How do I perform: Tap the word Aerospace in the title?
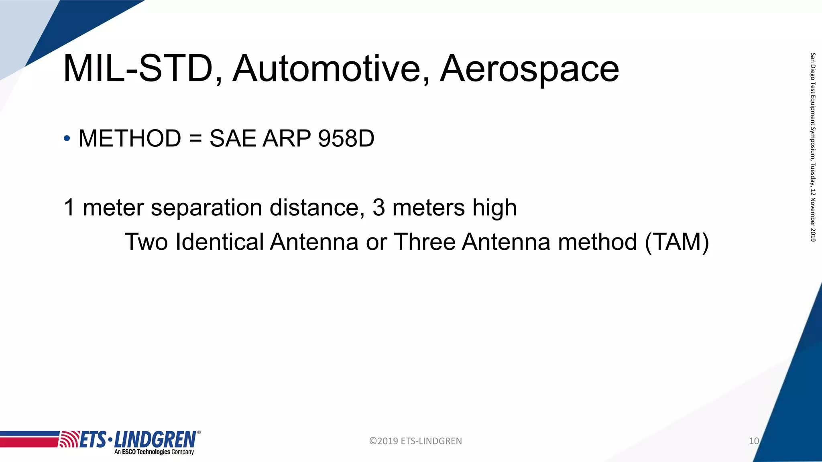point(529,69)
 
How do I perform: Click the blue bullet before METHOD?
point(67,139)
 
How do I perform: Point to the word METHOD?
point(130,139)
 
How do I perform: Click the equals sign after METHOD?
point(195,139)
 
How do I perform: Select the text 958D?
point(346,139)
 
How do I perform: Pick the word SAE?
point(233,139)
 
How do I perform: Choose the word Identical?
point(219,242)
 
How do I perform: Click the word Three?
point(424,242)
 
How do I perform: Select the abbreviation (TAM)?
point(677,242)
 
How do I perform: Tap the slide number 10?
point(754,441)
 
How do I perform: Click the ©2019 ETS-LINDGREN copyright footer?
point(415,441)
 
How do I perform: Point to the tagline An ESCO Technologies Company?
point(154,452)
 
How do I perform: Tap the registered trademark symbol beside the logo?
point(199,433)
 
